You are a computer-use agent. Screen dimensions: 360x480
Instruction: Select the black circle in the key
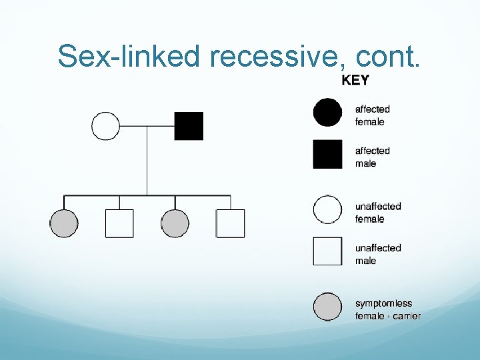click(x=327, y=113)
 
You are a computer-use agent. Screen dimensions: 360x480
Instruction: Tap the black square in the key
click(x=327, y=154)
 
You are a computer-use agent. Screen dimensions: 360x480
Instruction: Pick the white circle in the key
click(x=327, y=209)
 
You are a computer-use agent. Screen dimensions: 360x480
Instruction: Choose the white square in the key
click(x=327, y=251)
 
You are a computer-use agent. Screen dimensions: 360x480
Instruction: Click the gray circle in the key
click(x=327, y=307)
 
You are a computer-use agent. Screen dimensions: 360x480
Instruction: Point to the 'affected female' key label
click(x=372, y=115)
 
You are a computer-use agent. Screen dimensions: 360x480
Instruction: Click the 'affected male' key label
click(x=372, y=157)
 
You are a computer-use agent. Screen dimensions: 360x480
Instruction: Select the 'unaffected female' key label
click(x=377, y=213)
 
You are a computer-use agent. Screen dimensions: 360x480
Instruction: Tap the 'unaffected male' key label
click(x=377, y=254)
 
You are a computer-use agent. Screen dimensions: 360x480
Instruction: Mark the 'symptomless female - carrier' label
click(x=387, y=310)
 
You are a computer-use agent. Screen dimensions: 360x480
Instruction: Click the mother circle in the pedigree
click(x=105, y=126)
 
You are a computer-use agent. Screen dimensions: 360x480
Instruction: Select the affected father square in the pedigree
click(x=189, y=126)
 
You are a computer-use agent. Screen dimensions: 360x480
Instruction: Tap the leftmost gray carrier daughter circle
click(x=64, y=223)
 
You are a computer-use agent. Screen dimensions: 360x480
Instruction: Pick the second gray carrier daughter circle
click(x=175, y=223)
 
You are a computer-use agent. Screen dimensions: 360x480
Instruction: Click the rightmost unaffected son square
click(x=230, y=223)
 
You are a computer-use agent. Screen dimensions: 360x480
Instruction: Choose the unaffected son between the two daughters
click(x=119, y=223)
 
